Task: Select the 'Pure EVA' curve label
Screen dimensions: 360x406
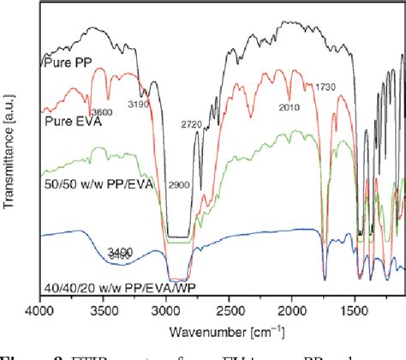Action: (x=69, y=119)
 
